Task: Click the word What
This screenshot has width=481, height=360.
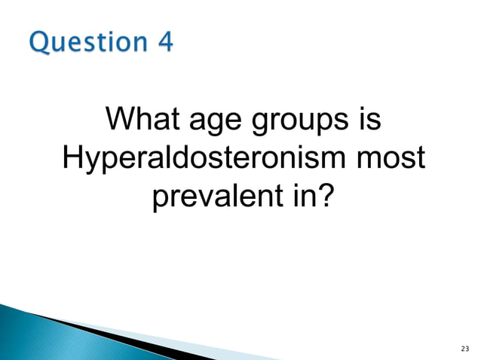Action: [x=139, y=121]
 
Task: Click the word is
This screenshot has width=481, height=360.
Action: [x=369, y=121]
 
